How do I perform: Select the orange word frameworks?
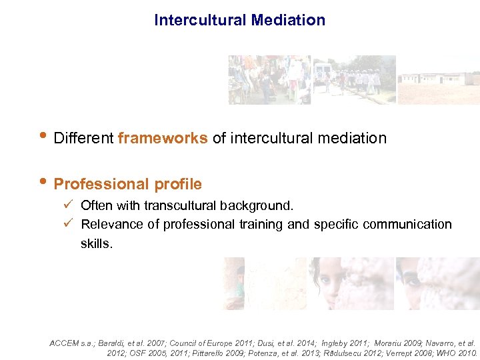coord(163,138)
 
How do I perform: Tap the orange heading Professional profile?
coord(127,183)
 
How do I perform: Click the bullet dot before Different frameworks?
coord(45,138)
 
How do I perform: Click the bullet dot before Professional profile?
coord(45,183)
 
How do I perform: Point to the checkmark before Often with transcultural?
coord(72,206)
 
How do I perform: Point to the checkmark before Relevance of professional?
coord(72,224)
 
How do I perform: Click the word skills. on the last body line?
coord(97,244)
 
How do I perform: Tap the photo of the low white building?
coord(439,79)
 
